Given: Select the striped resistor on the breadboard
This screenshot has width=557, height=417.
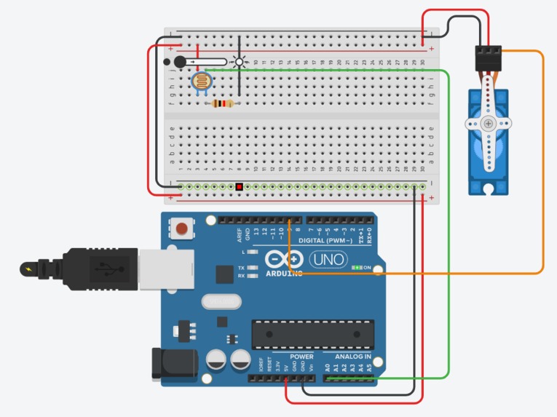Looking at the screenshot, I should pos(224,104).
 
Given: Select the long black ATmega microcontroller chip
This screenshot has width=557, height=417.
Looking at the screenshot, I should pos(313,334).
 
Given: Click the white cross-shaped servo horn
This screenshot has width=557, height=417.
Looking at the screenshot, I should pos(488,124).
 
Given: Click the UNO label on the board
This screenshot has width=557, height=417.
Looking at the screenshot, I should pos(328,259).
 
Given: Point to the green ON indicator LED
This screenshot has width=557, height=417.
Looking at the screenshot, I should pos(357,268).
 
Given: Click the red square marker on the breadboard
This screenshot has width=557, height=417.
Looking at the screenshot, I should pos(239,187).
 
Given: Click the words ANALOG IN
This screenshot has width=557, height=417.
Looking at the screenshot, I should pos(352,357).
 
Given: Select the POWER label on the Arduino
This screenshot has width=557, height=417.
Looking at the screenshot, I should pos(301,357).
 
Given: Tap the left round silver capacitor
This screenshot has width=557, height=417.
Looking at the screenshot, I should pos(216,360).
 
